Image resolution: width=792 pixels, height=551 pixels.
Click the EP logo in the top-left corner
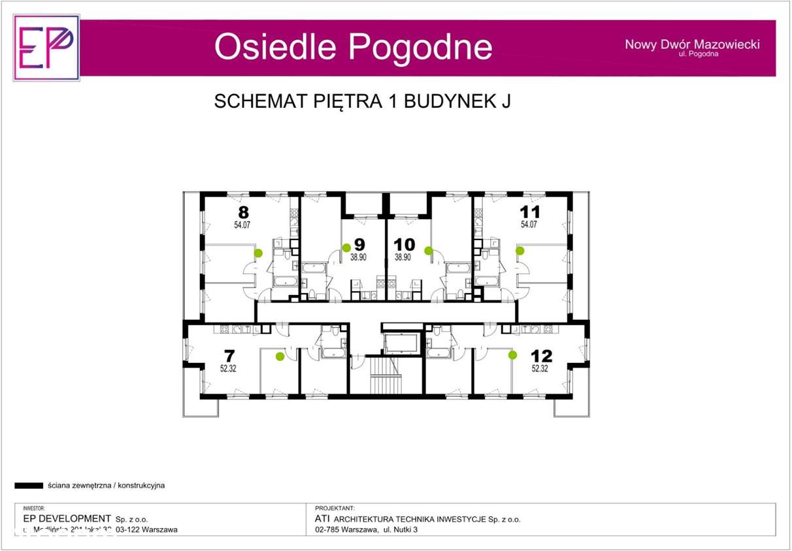tap(46, 48)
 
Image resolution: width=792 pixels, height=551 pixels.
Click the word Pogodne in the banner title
tap(420, 47)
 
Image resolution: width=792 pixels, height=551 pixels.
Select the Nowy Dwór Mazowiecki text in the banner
tap(692, 44)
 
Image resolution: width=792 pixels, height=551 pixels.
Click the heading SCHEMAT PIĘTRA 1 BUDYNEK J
tap(362, 102)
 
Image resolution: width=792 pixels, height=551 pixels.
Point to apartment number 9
tap(359, 245)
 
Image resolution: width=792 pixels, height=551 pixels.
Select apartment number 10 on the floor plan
tap(404, 245)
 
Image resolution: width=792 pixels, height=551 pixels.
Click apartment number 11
tap(529, 212)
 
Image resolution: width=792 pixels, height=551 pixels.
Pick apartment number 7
tap(229, 356)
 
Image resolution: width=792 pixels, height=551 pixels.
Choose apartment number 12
tap(541, 356)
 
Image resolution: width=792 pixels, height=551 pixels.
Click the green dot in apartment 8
tap(259, 253)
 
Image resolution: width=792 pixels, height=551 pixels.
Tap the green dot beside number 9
tap(346, 248)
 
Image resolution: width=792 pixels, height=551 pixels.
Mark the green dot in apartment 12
tap(513, 355)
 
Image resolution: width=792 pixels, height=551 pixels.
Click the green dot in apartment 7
tap(280, 356)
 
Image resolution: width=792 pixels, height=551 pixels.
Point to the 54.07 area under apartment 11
tap(529, 225)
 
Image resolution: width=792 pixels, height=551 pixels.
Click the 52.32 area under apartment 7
tap(229, 368)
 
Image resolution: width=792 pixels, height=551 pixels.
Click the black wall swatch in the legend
tap(29, 486)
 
